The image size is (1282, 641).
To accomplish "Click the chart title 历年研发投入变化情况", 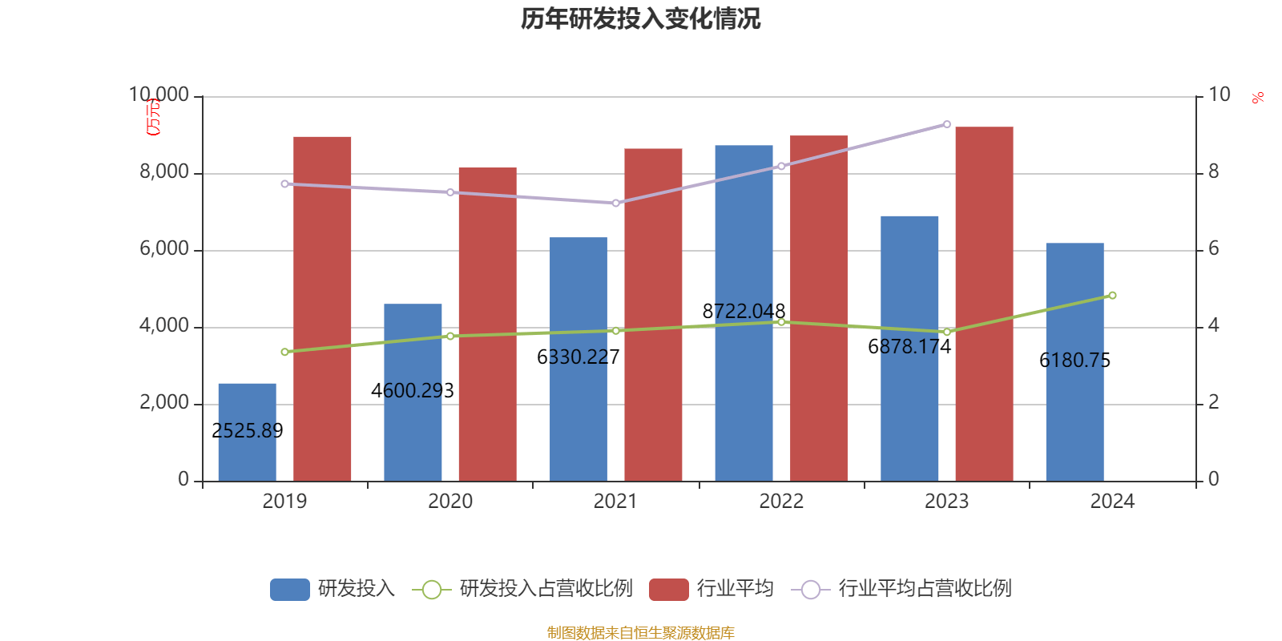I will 640,18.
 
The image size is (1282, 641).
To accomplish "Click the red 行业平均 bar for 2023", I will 984,304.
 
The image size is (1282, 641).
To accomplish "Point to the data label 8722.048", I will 744,311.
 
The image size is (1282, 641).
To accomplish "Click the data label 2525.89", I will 247,431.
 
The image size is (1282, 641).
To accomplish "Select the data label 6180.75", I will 1074,361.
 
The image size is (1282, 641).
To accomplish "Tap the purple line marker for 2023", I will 947,125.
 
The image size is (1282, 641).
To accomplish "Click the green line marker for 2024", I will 1112,296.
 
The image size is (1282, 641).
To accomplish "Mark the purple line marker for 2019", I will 284,184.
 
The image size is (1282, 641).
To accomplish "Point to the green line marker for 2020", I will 450,337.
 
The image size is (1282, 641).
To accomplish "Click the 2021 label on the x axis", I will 615,502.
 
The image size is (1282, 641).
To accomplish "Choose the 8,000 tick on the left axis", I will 164,172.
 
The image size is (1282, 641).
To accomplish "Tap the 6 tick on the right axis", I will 1213,249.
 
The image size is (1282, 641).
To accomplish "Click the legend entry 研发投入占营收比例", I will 546,589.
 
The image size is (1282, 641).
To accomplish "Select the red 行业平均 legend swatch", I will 669,590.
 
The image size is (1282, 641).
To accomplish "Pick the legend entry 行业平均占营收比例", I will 925,589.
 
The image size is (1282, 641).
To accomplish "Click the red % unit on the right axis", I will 1258,98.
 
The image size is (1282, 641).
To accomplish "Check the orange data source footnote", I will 640,633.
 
